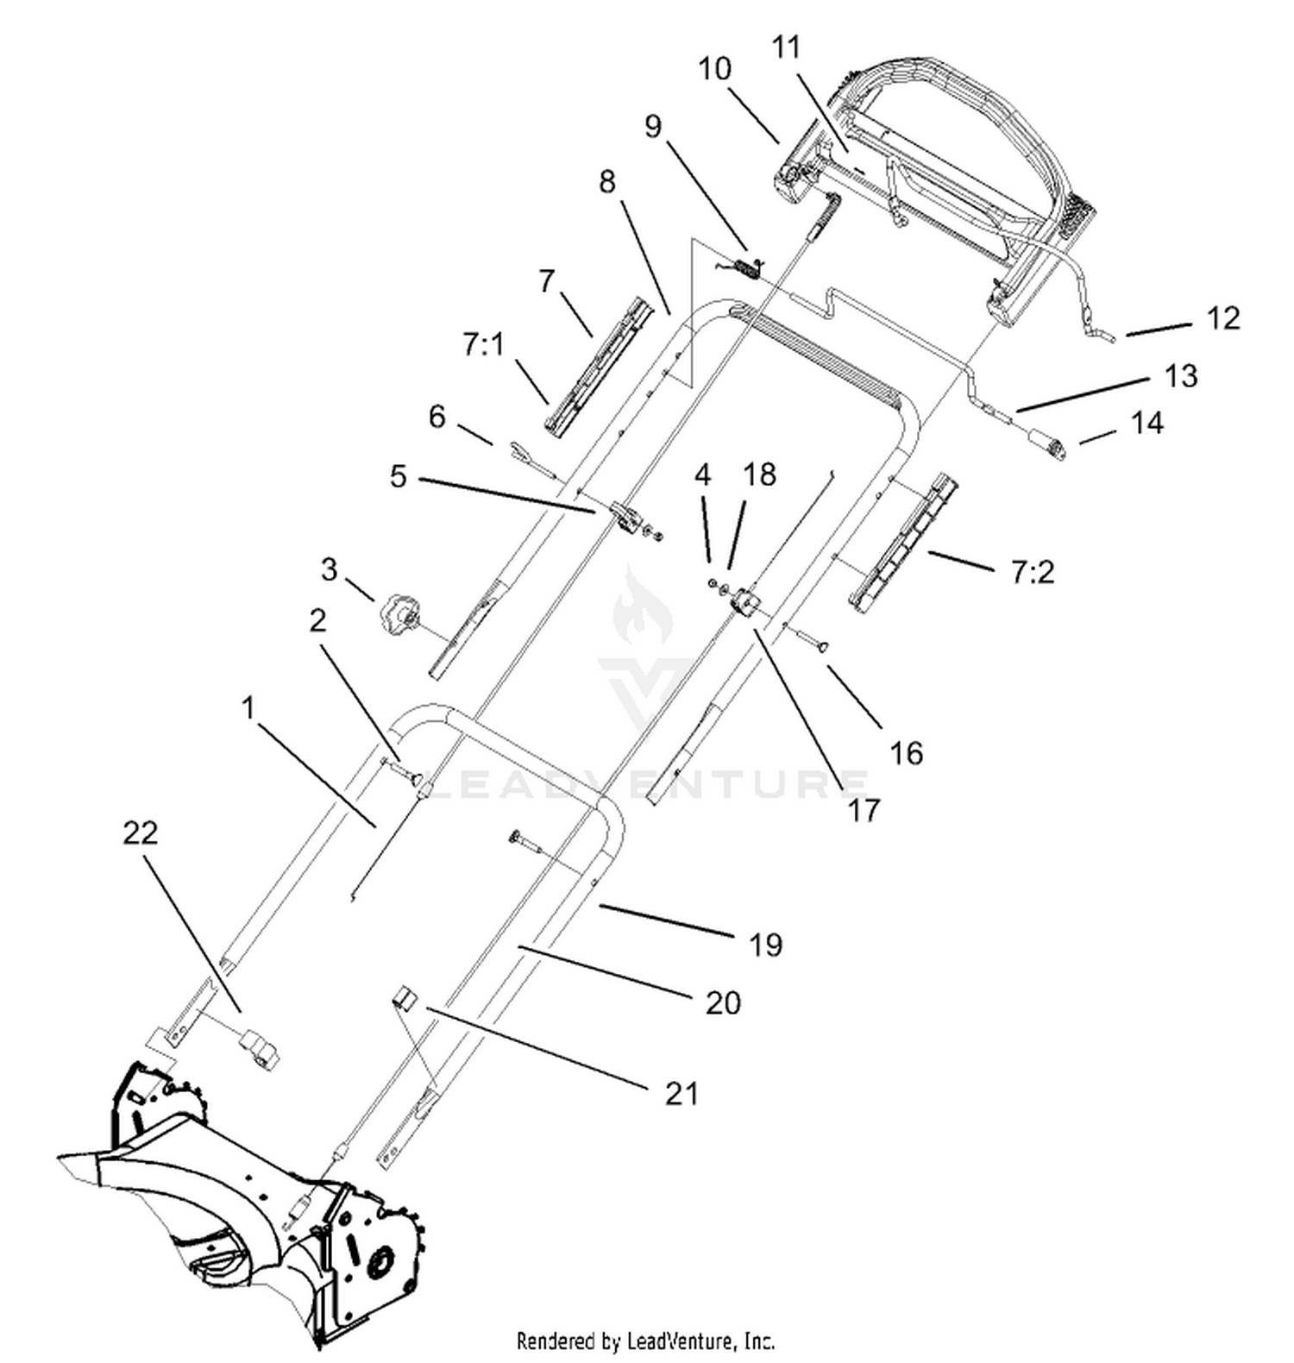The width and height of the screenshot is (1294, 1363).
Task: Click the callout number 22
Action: (x=141, y=832)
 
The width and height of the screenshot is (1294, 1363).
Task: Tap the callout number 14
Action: (x=1146, y=423)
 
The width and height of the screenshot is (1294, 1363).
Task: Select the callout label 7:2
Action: (x=1032, y=572)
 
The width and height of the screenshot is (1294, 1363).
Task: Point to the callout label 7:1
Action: (x=483, y=345)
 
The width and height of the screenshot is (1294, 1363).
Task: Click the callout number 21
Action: (x=682, y=1093)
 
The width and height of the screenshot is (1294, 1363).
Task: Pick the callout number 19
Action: (x=765, y=945)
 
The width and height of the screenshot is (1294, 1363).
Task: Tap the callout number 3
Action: (x=329, y=569)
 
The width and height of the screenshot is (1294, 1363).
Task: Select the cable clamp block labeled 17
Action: (x=742, y=602)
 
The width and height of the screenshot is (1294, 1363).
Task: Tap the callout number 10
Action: (x=714, y=68)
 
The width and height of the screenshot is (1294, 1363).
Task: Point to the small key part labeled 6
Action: (x=520, y=451)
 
